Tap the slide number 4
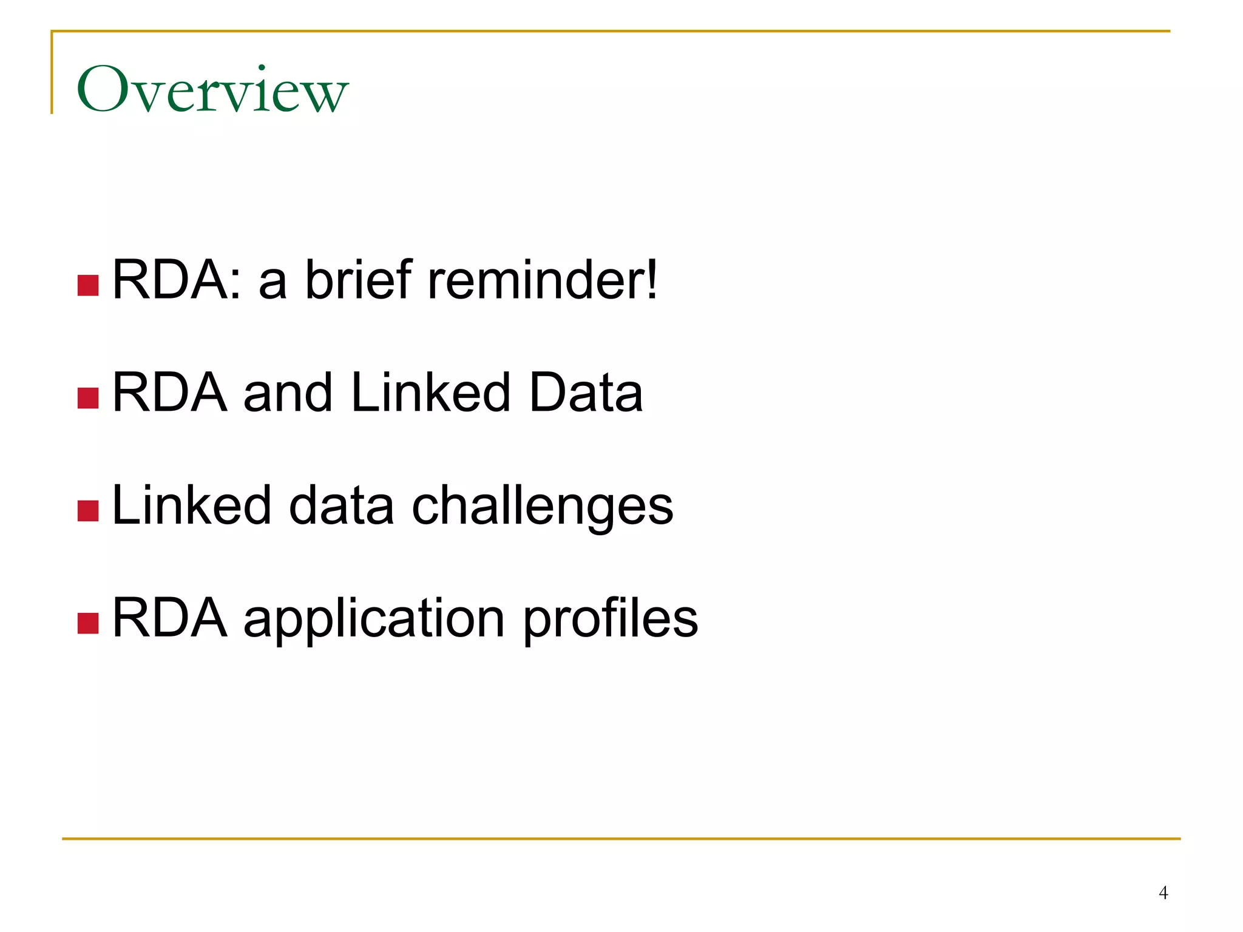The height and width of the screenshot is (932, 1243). [1163, 893]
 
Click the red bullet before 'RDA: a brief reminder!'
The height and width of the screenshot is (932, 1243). [88, 285]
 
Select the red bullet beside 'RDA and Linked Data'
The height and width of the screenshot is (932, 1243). [88, 398]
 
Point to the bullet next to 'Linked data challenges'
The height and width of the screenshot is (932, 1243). [88, 511]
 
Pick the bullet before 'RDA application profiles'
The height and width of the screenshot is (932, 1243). [88, 623]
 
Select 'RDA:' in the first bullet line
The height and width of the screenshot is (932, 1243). [177, 280]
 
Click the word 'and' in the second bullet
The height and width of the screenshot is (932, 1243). [288, 393]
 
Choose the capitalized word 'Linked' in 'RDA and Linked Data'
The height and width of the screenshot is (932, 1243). [430, 393]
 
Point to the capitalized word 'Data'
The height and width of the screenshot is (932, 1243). [586, 393]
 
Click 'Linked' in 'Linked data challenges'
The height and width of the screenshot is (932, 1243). [191, 505]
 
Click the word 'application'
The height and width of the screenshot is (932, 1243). [374, 619]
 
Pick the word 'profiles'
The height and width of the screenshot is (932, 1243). [610, 619]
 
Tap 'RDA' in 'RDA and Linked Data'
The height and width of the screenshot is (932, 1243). [170, 393]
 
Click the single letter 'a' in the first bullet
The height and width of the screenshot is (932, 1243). [273, 285]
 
